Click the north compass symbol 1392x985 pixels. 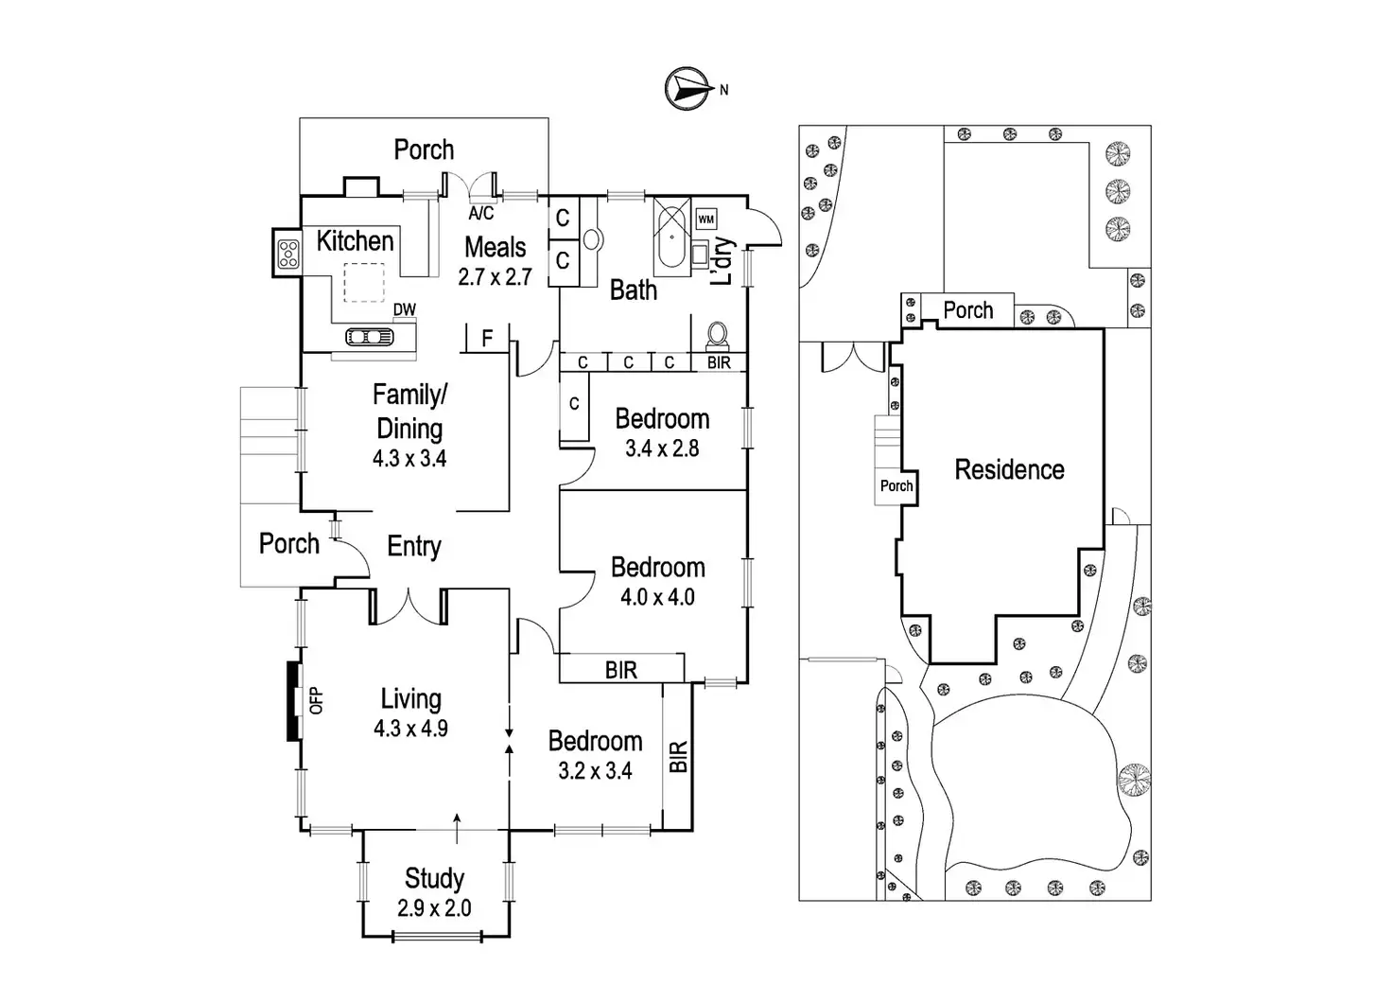coord(687,89)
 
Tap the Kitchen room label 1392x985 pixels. coord(355,241)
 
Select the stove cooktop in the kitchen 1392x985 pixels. coord(287,254)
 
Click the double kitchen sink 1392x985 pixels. coord(369,337)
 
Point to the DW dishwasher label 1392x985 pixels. coord(405,309)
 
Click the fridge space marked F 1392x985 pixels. coord(487,339)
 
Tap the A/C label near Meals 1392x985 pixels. coord(481,213)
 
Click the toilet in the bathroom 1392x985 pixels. coord(718,337)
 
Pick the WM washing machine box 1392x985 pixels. coord(706,219)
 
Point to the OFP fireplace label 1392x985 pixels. coord(316,700)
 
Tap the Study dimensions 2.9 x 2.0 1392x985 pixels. coord(434,908)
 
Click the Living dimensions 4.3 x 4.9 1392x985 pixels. coord(410,729)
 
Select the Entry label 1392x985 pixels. coord(414,547)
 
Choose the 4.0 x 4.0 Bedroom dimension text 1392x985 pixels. coord(657,597)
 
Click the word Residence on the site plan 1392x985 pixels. coord(1009,469)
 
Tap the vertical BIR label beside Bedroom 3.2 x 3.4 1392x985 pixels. coord(678,756)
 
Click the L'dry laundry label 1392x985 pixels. coord(722,261)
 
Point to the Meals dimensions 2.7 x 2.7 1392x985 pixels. coord(495,276)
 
